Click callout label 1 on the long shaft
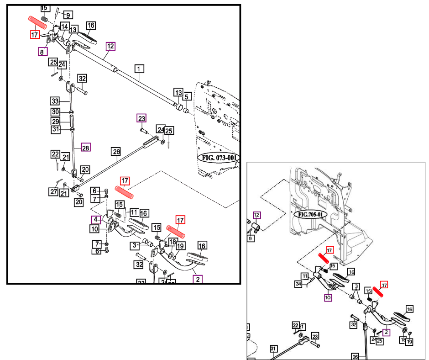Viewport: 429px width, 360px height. coord(139,69)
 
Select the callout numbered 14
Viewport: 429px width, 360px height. coord(64,26)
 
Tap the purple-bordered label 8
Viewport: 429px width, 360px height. coord(42,52)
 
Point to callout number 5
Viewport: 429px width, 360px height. coord(186,97)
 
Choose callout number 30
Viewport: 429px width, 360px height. coord(55,112)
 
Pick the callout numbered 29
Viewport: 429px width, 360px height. coord(55,122)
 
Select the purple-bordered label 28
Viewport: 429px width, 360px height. coord(85,147)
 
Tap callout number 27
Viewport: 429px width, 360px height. coord(54,192)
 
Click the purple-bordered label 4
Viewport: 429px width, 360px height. coord(95,219)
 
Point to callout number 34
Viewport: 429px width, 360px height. coord(299,284)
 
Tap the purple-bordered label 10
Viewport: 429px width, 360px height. coord(328,298)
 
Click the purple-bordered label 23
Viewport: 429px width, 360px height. coord(141,118)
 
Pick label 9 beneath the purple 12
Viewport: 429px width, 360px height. coord(251,238)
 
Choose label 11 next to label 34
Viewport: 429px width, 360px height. coord(304,276)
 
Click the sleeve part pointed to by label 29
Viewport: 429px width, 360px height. coord(72,122)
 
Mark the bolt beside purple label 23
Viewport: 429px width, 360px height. coord(143,131)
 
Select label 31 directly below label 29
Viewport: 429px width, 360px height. coord(55,130)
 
